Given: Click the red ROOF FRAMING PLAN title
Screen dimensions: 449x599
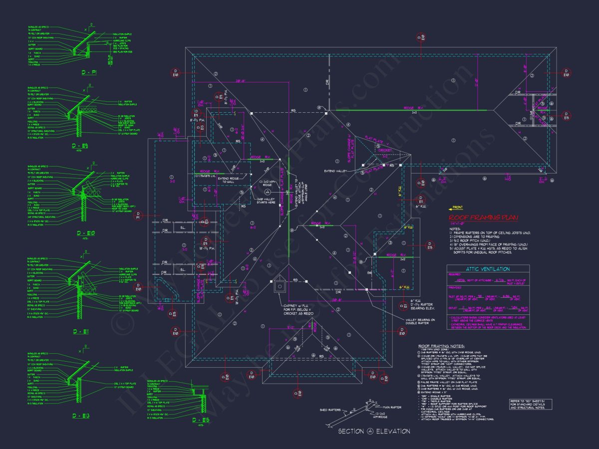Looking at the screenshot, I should pos(483,218).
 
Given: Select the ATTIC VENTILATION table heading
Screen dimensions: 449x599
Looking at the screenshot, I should pos(488,269).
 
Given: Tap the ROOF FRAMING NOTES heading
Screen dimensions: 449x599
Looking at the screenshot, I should pos(441,345).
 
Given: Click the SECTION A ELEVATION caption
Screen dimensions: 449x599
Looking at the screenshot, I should pos(374,431).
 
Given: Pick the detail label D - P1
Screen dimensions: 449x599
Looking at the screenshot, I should pos(90,72).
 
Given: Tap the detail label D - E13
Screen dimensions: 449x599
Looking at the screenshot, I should pos(90,415).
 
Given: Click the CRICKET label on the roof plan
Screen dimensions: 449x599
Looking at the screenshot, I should pos(385,150).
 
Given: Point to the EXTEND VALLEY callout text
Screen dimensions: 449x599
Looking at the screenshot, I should pos(335,171).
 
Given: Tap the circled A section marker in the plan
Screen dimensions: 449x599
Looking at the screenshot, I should pos(268,191).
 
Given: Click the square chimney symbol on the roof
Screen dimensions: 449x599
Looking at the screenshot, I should pos(280,286).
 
